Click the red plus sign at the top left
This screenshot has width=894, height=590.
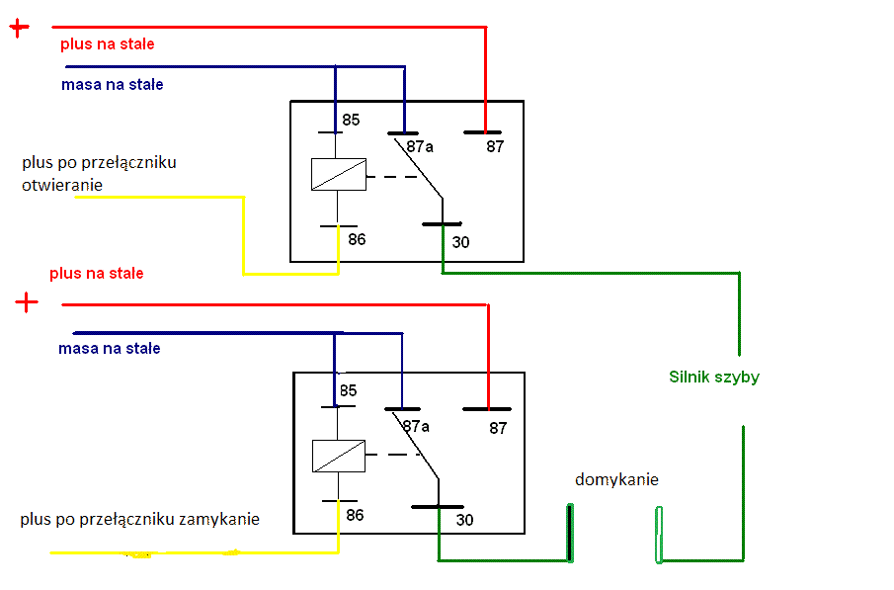point(20,28)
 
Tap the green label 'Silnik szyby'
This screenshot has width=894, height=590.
point(713,377)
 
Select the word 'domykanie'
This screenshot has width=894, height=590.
point(616,480)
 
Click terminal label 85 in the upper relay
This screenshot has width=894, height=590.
point(351,121)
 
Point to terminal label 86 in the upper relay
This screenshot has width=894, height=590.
point(356,239)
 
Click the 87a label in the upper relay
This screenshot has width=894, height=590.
point(420,146)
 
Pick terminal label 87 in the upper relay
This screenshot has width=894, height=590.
point(494,146)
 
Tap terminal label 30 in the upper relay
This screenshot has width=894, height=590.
point(460,241)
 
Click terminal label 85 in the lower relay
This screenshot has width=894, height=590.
point(348,390)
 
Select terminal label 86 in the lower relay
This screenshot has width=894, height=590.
point(354,515)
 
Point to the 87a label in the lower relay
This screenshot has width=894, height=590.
point(416,426)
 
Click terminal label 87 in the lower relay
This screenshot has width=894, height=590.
point(497,428)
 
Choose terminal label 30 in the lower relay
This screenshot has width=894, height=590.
point(464,520)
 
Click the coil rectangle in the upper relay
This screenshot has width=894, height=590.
point(338,174)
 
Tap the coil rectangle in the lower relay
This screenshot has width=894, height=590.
point(339,456)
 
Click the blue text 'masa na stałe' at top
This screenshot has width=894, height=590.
point(112,85)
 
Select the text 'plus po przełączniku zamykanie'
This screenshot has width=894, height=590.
point(139,519)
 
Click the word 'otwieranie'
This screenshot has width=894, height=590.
point(62,184)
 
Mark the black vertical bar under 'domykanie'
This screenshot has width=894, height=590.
point(570,533)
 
